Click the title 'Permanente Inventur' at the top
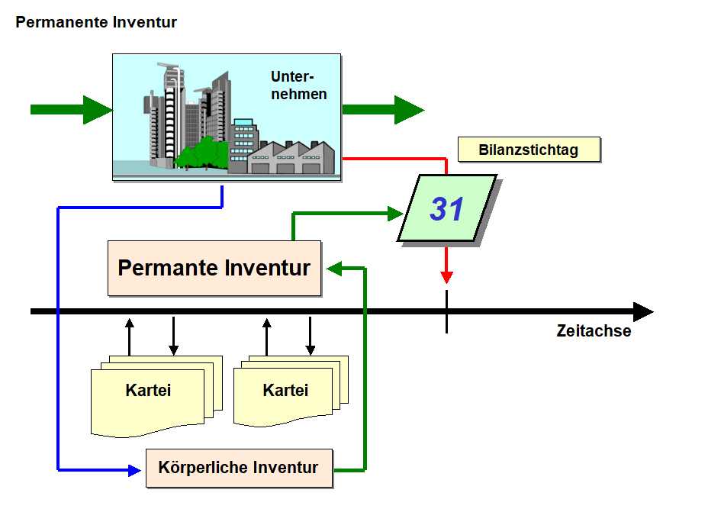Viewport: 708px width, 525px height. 96,22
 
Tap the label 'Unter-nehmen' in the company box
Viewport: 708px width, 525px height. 298,85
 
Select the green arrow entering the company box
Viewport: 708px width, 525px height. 72,110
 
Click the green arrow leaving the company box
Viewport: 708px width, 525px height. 383,110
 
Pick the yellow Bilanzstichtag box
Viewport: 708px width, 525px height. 529,149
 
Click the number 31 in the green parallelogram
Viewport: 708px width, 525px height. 446,209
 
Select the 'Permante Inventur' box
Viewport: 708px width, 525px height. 214,269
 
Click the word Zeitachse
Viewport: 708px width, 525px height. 594,330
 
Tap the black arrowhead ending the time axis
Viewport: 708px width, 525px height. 643,312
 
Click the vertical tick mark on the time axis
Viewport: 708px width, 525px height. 446,312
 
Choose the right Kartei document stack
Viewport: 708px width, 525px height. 291,391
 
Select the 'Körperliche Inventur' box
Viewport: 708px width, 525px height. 240,468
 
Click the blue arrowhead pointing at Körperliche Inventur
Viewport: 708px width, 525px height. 134,470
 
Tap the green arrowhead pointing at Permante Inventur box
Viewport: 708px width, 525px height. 334,269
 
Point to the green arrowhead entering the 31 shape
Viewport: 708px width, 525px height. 395,214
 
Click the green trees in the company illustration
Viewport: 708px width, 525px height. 201,153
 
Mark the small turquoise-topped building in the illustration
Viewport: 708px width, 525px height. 244,141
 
